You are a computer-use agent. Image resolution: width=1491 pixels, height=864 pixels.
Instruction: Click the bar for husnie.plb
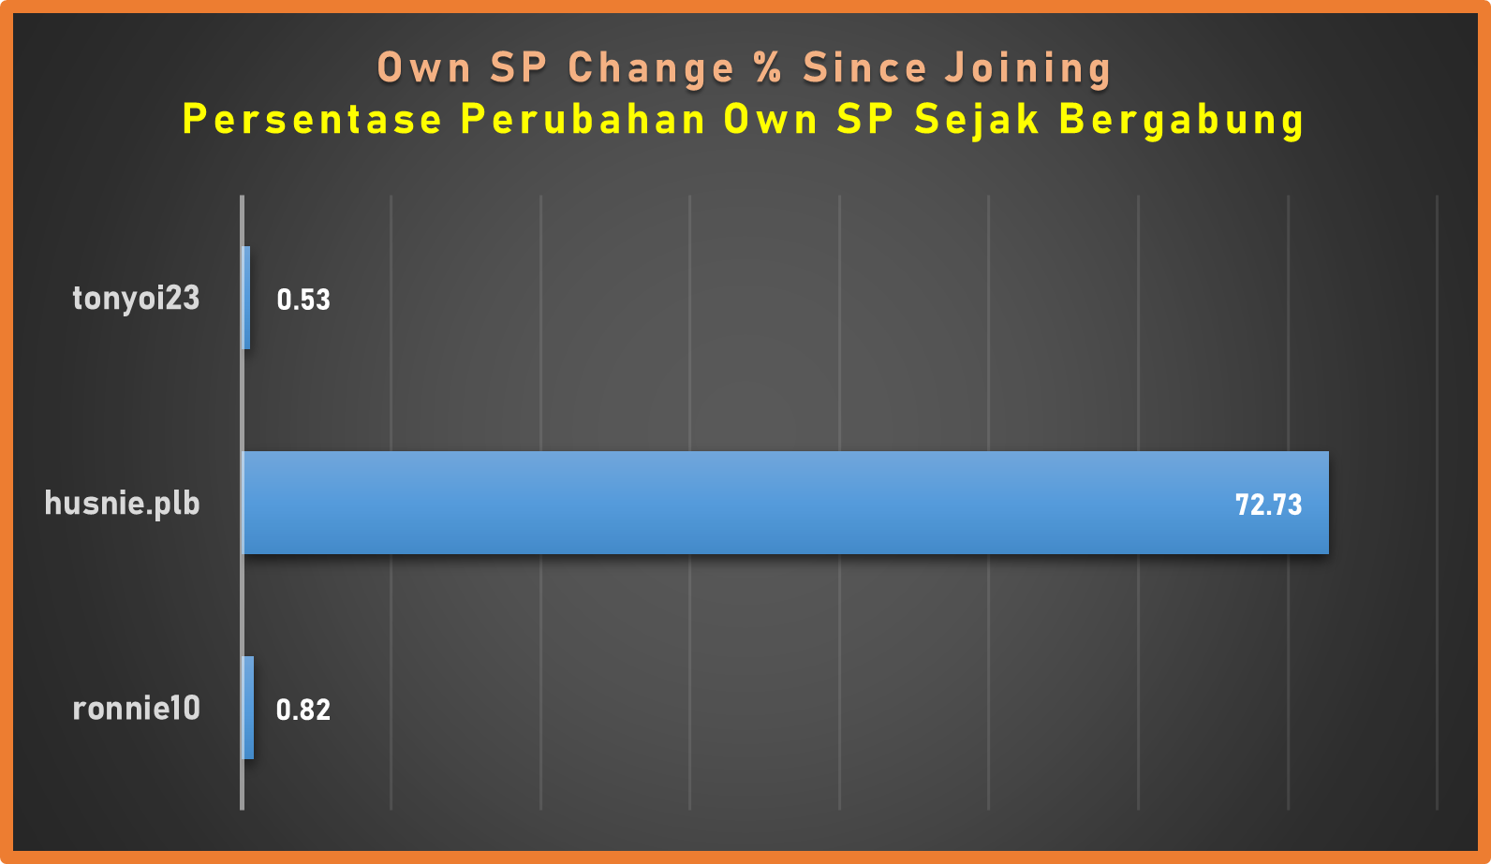coord(786,503)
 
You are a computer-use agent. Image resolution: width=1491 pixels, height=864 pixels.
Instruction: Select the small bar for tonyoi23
coord(246,298)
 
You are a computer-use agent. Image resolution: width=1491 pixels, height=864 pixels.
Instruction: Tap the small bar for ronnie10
coord(248,708)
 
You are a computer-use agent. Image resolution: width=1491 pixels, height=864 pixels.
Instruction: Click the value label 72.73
coord(1269,505)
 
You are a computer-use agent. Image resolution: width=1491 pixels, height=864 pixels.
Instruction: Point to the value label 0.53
coord(303,300)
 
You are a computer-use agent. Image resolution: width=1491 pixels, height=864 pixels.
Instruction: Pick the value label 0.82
coord(303,710)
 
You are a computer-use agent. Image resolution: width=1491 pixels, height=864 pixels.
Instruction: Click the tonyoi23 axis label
coord(136,298)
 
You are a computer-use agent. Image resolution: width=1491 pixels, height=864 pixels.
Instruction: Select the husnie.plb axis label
coord(122,504)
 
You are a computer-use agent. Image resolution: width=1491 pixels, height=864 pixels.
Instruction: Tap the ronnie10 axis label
coord(136,709)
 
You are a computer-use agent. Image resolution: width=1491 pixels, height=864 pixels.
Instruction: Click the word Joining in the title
coord(1028,69)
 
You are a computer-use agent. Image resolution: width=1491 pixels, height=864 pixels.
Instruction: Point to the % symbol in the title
coord(768,68)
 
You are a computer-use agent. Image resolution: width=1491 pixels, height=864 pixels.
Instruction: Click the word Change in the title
coord(651,69)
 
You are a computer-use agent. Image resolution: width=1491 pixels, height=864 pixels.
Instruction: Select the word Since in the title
coord(864,68)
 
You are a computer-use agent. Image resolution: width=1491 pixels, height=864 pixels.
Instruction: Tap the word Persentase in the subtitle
coord(312,120)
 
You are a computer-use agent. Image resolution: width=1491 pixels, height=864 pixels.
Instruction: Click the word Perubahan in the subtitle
coord(583,120)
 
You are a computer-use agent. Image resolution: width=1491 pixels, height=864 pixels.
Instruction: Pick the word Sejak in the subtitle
coord(977,121)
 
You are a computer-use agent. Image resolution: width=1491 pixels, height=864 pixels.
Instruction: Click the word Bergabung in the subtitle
coord(1182,121)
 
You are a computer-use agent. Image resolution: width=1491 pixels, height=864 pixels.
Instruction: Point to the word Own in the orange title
coord(424,68)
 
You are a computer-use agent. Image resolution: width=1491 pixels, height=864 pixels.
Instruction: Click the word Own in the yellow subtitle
coord(771,120)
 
